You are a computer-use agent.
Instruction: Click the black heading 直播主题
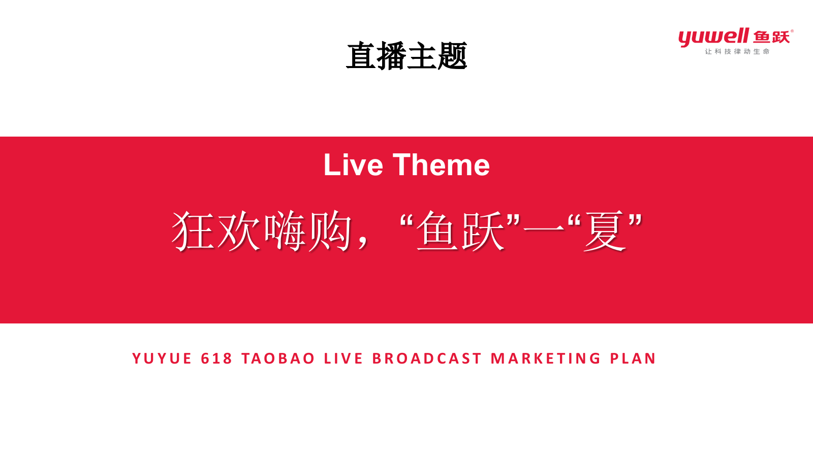coord(407,56)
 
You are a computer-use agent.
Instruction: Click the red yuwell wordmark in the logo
coord(713,37)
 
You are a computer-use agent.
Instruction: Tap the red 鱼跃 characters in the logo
coord(771,37)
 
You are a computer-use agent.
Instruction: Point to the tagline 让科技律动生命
coord(737,51)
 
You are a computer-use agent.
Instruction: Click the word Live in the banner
coord(353,165)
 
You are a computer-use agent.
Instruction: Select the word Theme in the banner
coord(441,165)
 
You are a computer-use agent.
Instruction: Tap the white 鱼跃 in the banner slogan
coord(461,231)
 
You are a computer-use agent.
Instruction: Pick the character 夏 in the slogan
coord(604,231)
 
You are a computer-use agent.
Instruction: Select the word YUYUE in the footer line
coord(162,358)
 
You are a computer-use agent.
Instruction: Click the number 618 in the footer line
coord(216,358)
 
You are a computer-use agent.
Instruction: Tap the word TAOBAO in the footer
coord(278,358)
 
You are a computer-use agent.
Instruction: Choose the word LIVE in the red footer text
coord(343,358)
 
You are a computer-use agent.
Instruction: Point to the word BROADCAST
coord(427,358)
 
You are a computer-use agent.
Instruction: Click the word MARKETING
coord(546,358)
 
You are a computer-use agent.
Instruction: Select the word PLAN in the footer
coord(633,358)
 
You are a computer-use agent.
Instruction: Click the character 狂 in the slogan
coord(193,231)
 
